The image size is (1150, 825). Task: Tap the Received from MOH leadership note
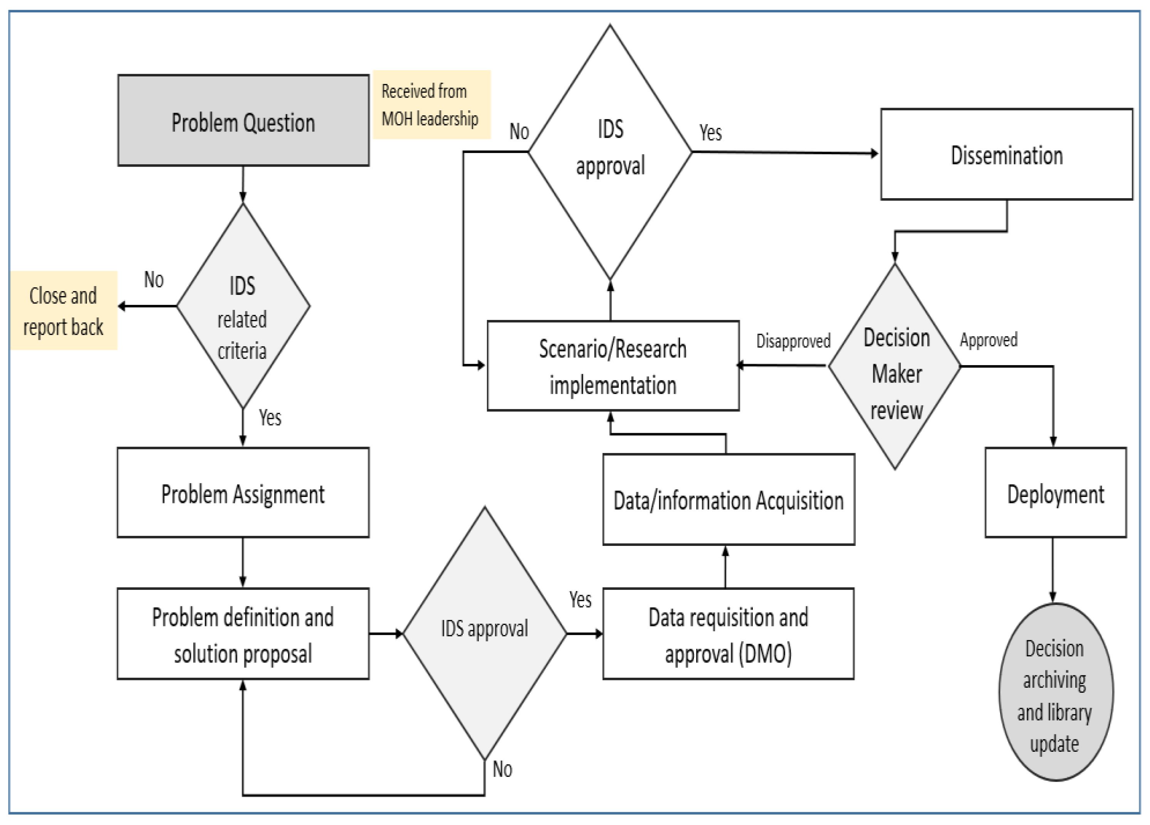coord(431,104)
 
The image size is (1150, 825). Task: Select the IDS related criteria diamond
coord(242,306)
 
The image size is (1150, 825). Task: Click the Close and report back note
coord(64,310)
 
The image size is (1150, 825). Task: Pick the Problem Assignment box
coord(243,493)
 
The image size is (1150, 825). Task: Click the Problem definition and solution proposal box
coord(243,634)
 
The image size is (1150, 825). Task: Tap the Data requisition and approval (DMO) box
coord(728,634)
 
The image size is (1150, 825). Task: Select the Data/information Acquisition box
coord(728,500)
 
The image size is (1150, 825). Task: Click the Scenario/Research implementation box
coord(613,366)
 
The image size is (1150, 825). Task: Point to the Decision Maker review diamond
coord(895,366)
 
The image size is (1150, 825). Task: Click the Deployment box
coord(1055,493)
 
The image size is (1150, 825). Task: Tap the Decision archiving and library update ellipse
coord(1055,692)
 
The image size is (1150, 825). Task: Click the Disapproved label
coord(793,341)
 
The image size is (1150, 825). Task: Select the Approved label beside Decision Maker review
coord(988,339)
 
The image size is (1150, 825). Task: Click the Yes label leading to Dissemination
coord(710,133)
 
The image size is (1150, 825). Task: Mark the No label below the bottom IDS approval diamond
coord(502,769)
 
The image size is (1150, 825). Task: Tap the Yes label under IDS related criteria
coord(270,418)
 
